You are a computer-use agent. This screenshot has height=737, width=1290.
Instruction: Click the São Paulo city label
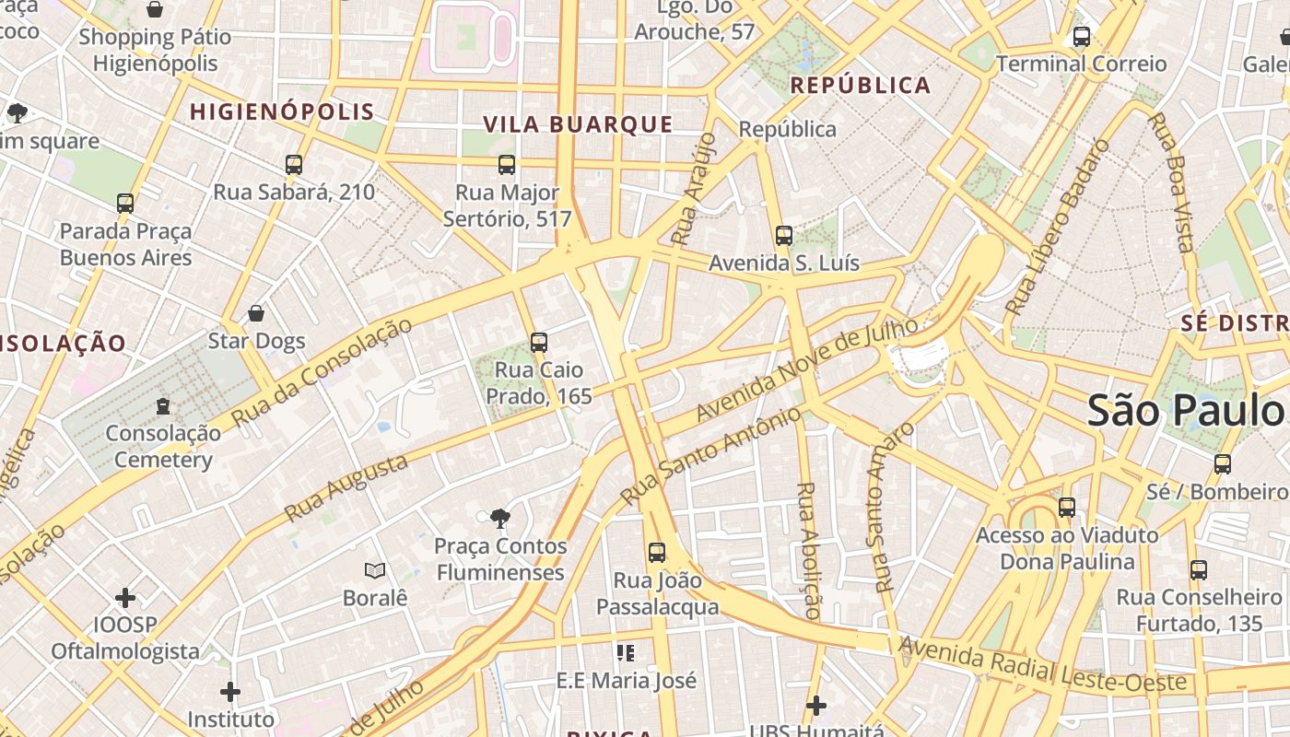click(x=1187, y=411)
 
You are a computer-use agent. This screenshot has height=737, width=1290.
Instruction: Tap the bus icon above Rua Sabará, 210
click(x=294, y=165)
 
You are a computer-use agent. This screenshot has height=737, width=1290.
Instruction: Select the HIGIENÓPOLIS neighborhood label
click(x=282, y=112)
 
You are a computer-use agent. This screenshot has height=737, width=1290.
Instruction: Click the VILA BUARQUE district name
click(x=578, y=124)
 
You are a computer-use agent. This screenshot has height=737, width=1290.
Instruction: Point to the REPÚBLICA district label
click(x=861, y=86)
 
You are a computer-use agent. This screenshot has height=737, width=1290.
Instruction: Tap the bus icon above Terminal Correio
click(x=1082, y=38)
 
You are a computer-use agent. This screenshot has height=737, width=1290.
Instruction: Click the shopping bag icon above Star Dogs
click(x=256, y=314)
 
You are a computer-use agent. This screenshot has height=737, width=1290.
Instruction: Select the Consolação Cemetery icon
click(x=163, y=405)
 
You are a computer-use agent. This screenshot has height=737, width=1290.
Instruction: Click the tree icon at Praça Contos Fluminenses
click(x=500, y=519)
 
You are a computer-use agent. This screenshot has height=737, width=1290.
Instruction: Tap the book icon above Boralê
click(x=374, y=571)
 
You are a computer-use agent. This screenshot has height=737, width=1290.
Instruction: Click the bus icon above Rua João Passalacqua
click(x=657, y=553)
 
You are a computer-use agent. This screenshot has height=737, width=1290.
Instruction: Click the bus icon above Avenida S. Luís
click(x=783, y=236)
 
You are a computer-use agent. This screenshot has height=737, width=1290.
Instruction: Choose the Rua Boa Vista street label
click(x=1171, y=181)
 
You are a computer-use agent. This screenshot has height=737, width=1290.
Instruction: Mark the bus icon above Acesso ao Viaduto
click(x=1067, y=508)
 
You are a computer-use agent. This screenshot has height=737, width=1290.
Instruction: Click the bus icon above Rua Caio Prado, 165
click(x=539, y=343)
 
